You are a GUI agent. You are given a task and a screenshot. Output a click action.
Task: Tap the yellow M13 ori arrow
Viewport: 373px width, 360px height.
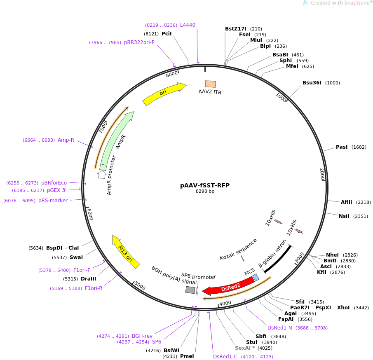[x=125, y=251]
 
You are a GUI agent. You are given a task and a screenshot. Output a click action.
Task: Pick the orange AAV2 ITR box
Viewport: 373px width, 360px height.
[x=210, y=84]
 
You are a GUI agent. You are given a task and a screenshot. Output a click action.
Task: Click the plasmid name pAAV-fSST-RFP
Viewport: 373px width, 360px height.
[x=205, y=185]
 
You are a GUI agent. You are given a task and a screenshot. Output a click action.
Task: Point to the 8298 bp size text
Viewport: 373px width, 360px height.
[x=205, y=192]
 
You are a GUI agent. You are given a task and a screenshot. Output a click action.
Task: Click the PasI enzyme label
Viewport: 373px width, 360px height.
[x=342, y=147]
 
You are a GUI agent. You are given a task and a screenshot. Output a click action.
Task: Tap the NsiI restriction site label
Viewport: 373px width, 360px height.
[x=344, y=216]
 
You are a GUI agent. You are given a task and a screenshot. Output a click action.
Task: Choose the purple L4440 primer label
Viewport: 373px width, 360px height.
[x=188, y=25]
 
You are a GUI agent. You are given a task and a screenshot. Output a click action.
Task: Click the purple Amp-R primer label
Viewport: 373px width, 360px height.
[x=66, y=140]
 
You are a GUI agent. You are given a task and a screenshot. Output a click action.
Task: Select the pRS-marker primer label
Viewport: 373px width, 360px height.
[x=53, y=201]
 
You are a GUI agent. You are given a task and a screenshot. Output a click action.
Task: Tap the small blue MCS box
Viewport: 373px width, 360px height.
[x=256, y=278]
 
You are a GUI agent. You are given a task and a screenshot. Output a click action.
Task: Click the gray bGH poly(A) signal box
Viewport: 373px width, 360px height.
[x=190, y=290]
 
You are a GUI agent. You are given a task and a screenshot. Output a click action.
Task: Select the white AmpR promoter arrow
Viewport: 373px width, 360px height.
[x=102, y=174]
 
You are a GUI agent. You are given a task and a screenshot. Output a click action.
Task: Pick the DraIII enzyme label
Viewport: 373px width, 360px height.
[x=88, y=279]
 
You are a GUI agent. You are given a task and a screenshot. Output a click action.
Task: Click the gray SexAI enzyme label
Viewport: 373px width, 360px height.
[x=242, y=348]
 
